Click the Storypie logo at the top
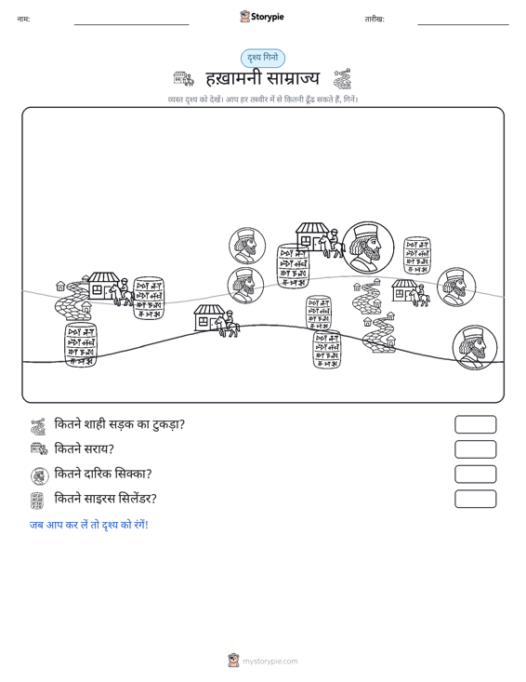(x=262, y=17)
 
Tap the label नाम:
(x=23, y=20)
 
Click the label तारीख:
(x=375, y=20)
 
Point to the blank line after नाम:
(x=132, y=24)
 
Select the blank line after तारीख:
(x=463, y=24)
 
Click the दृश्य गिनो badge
(x=263, y=58)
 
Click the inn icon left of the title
(x=183, y=79)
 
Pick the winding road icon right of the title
(x=342, y=79)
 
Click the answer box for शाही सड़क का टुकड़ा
(x=475, y=424)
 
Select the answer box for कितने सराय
(x=475, y=449)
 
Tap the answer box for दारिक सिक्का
(x=475, y=475)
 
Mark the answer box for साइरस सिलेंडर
(x=475, y=499)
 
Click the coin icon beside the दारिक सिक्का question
(x=40, y=475)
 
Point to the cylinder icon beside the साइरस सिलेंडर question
(x=37, y=501)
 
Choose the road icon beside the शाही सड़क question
(x=38, y=426)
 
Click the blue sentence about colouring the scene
(x=89, y=525)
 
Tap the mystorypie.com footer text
(x=270, y=662)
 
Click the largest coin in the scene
(x=368, y=247)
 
